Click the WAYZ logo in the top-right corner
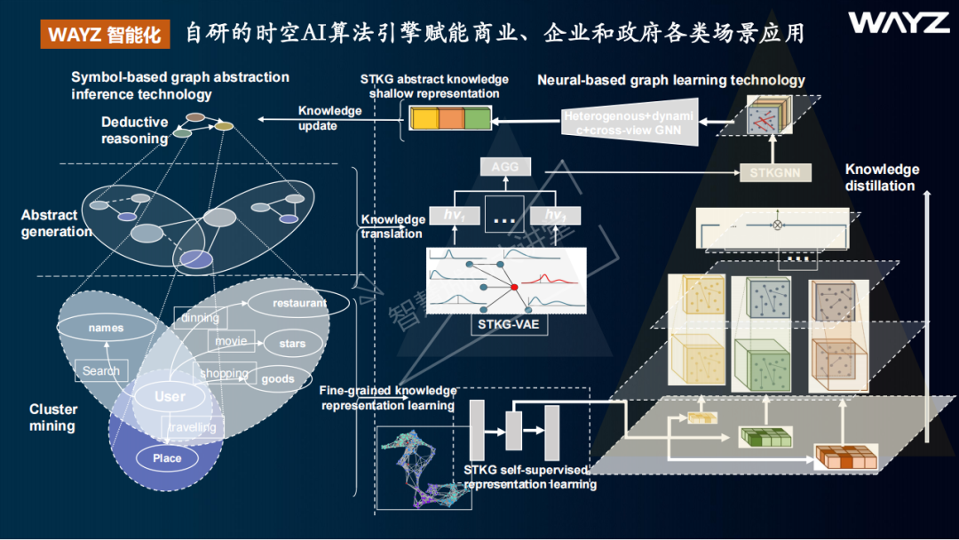(898, 23)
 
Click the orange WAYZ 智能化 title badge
(105, 35)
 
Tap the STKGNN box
(774, 172)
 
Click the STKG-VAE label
(508, 325)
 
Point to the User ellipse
(170, 396)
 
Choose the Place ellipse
(167, 458)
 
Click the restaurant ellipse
(299, 303)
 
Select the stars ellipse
(292, 344)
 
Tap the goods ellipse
(277, 378)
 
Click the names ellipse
(106, 328)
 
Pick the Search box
(101, 371)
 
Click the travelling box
(194, 427)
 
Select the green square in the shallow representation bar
(477, 119)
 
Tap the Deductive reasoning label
(134, 131)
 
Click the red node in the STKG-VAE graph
(513, 287)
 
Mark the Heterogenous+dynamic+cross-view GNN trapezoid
(630, 123)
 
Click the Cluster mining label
(53, 417)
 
